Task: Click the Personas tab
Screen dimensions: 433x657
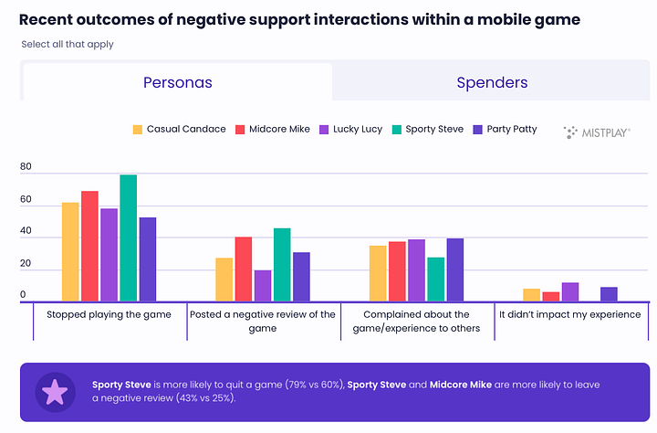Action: [x=177, y=82]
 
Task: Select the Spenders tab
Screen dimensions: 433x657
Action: [x=492, y=82]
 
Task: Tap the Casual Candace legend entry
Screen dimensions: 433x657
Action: [x=180, y=130]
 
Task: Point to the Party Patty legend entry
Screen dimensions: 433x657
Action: [x=505, y=130]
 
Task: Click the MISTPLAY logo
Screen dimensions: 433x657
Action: [x=598, y=132]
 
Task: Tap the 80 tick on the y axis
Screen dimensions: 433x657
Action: [x=26, y=167]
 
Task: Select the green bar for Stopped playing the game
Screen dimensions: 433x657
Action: [x=128, y=238]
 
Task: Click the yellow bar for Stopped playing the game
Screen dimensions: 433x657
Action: [x=70, y=252]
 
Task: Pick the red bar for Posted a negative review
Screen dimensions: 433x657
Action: [x=244, y=269]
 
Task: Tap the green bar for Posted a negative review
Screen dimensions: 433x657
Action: [x=282, y=265]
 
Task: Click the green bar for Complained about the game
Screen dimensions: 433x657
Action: [x=435, y=280]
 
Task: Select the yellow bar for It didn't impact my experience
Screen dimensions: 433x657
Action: [x=532, y=295]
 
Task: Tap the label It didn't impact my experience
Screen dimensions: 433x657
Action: [x=569, y=314]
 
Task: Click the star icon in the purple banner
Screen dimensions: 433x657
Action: [x=55, y=392]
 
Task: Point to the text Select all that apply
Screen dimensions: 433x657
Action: [x=67, y=44]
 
